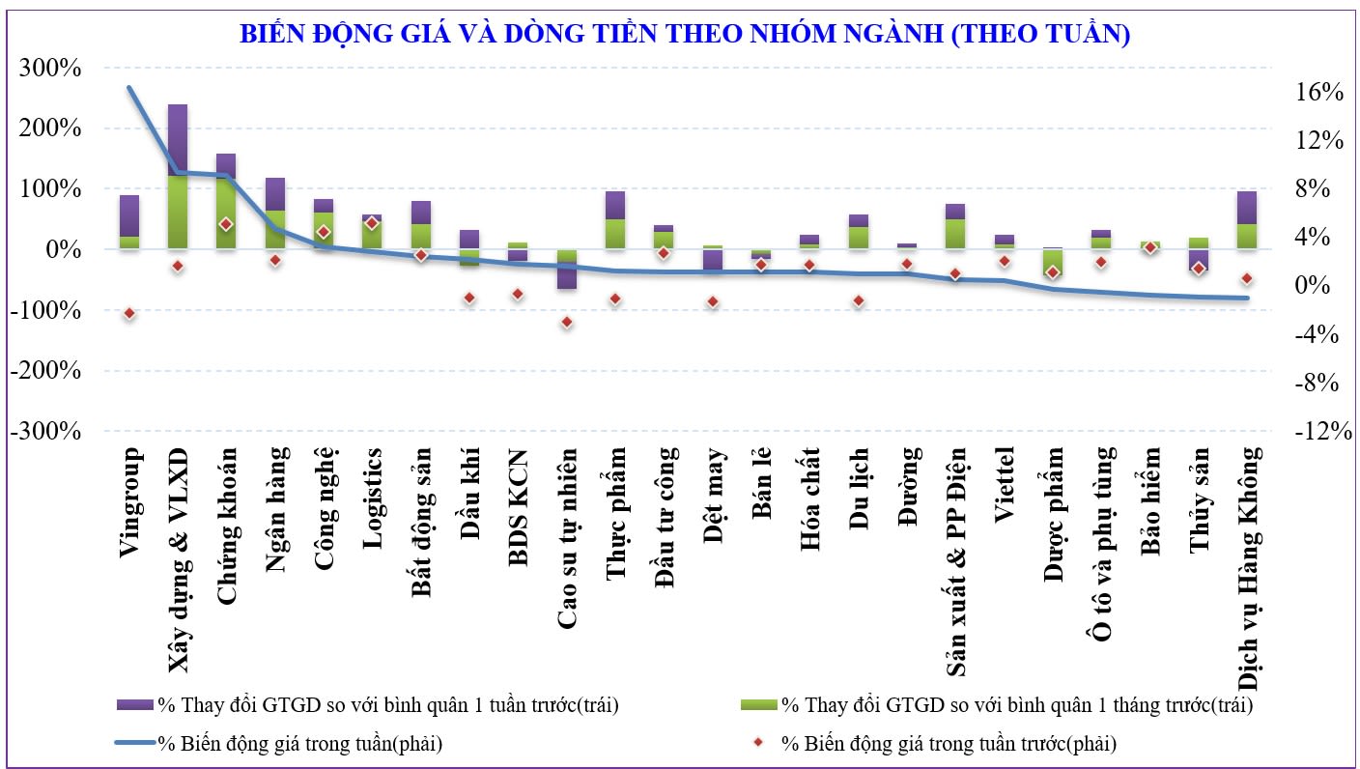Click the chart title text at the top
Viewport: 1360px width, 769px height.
point(685,35)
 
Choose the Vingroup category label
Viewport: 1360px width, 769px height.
point(130,502)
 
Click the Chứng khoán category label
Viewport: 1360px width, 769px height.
point(227,526)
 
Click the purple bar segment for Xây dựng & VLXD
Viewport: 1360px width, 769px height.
point(178,139)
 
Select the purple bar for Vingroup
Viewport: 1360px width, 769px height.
point(129,215)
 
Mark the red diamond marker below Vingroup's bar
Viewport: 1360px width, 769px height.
point(129,313)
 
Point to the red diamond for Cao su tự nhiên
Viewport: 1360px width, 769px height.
point(567,322)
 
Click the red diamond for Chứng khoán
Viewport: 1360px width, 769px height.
point(226,224)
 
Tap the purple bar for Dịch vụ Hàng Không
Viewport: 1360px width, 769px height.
point(1247,207)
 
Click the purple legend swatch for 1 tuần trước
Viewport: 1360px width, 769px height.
point(134,705)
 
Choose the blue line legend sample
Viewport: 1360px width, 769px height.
point(134,744)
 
